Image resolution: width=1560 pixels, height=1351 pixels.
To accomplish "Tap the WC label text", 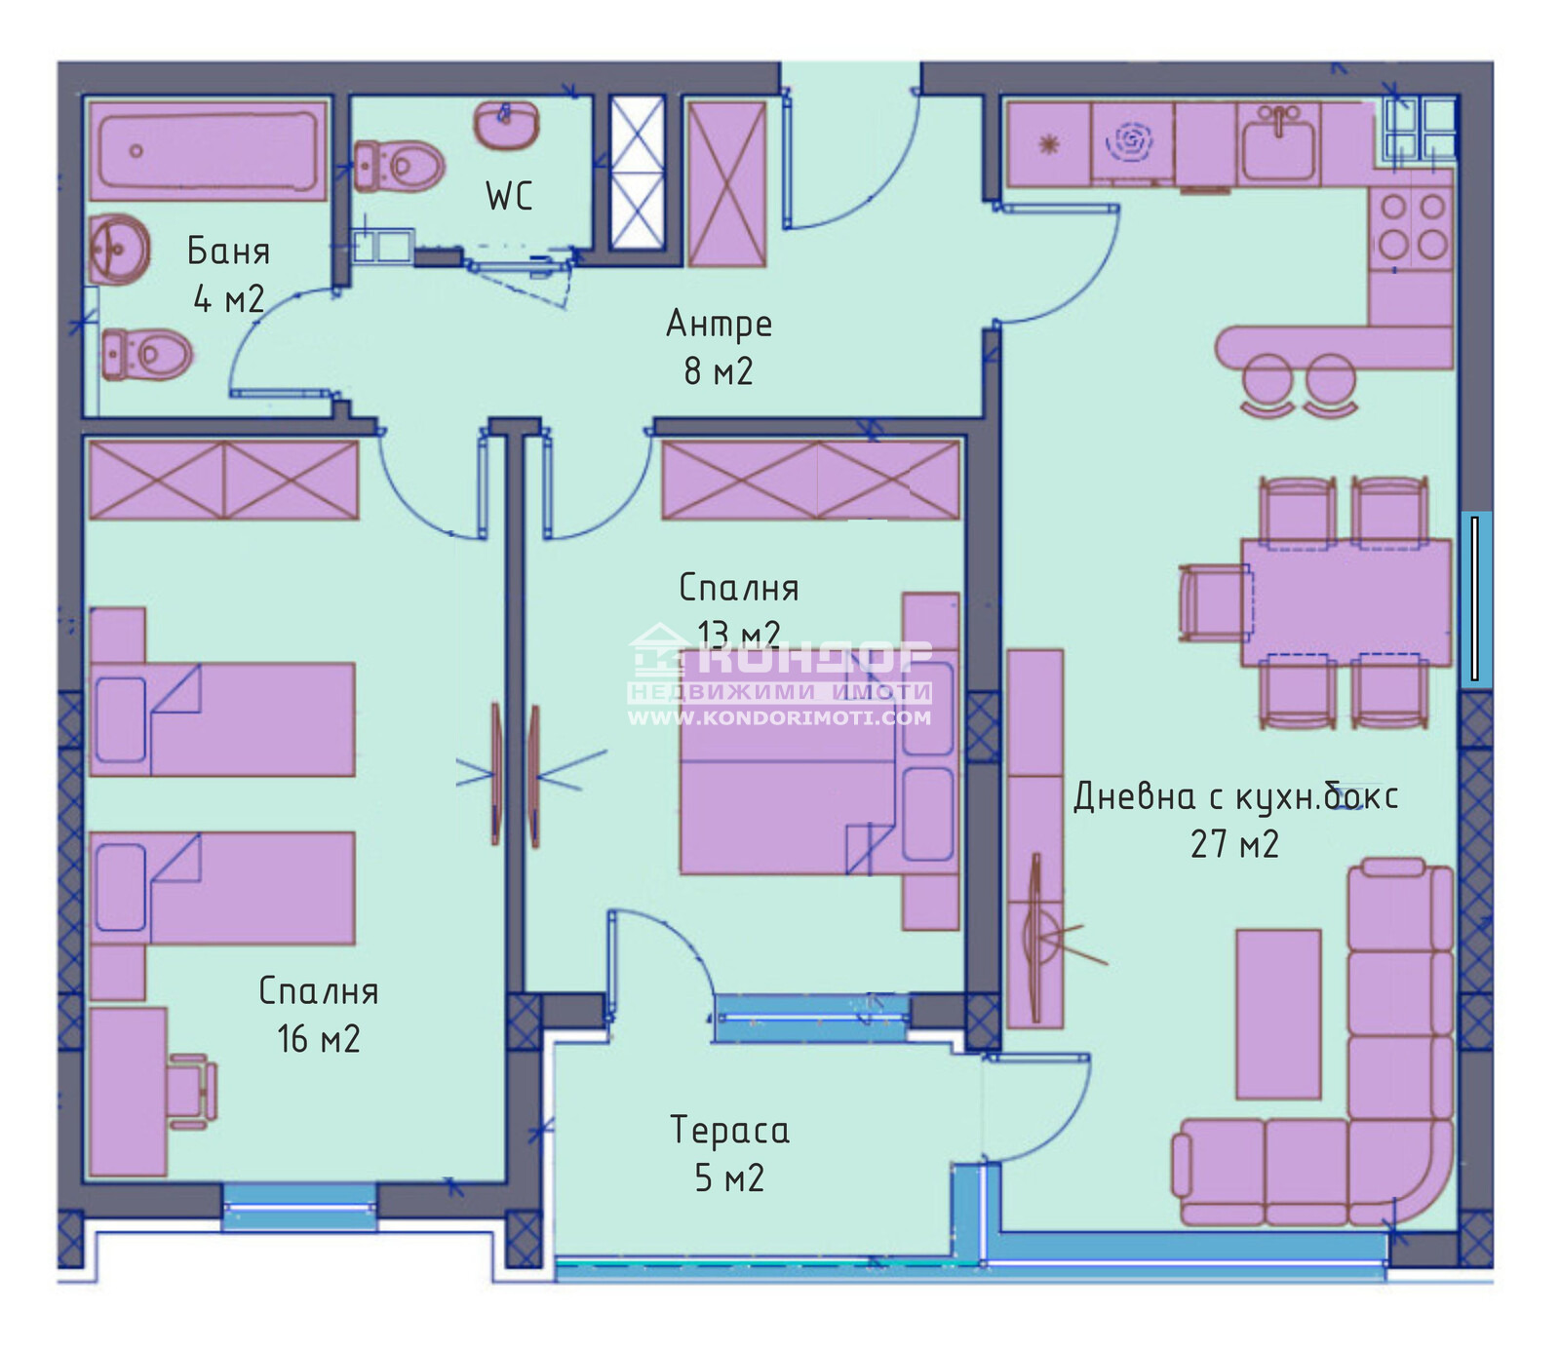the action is point(509,196).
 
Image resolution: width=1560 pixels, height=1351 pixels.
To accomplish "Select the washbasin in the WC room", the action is point(506,125).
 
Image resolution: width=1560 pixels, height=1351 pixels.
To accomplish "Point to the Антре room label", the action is point(719,324).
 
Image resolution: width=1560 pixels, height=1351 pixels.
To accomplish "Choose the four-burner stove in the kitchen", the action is point(1412,227).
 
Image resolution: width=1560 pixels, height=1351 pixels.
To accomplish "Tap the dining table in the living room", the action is point(1346,602).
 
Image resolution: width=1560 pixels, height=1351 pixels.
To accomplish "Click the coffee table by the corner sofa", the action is point(1278,1014).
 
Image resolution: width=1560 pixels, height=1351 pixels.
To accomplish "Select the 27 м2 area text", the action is point(1234,844).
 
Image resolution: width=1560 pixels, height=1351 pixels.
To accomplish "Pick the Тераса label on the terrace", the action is point(729,1130).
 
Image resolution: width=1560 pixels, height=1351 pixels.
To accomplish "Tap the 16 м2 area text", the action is point(319,1039).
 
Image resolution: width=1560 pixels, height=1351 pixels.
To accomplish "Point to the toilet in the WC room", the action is point(399,166).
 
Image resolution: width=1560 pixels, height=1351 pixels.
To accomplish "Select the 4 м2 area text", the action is point(228,298).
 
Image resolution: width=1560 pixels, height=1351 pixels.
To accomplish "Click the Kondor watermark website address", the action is point(779,717).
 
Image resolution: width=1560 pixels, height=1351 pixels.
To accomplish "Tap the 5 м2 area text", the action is point(729,1178).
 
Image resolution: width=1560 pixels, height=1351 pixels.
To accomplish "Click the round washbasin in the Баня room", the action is point(119,249).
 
